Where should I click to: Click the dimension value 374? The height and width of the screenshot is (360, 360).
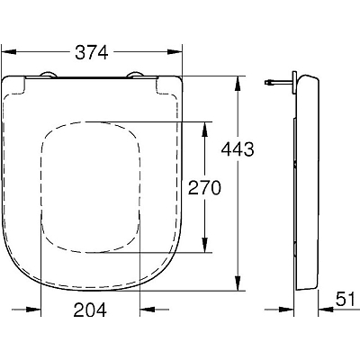[x=92, y=52]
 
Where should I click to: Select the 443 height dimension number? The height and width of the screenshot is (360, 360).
[x=238, y=149]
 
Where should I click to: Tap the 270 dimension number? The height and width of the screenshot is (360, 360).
[x=204, y=188]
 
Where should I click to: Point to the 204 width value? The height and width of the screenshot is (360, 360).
[x=90, y=310]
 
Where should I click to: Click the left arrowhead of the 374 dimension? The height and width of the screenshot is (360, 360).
[x=9, y=52]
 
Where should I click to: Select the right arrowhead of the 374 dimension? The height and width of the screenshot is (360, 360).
[x=175, y=52]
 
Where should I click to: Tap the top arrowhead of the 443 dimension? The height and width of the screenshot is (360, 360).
[x=238, y=84]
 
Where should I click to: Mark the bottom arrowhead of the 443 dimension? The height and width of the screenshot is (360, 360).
[x=238, y=283]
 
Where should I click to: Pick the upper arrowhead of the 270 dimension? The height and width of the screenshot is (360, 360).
[x=204, y=130]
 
